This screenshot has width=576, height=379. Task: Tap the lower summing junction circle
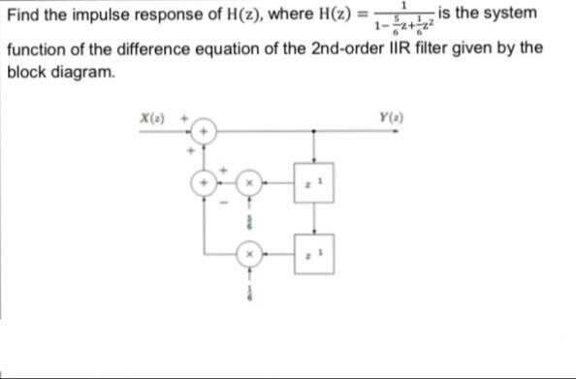point(204,181)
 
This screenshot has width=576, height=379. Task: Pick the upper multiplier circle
point(248,181)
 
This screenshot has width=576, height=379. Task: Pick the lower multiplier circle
point(248,255)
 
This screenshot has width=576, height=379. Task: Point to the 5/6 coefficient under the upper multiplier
point(248,222)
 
